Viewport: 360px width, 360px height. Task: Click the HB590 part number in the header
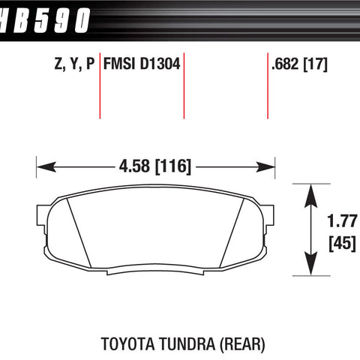click(x=44, y=20)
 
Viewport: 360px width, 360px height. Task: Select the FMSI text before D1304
click(x=120, y=64)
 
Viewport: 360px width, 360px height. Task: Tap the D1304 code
click(x=160, y=64)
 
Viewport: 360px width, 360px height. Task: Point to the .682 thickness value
click(x=285, y=64)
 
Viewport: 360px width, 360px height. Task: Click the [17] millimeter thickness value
click(x=315, y=64)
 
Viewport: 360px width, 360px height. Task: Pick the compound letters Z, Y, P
click(x=74, y=64)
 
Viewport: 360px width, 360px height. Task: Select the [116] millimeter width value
click(x=173, y=166)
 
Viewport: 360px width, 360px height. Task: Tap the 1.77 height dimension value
click(x=342, y=221)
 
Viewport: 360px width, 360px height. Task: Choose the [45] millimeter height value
click(x=342, y=243)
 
